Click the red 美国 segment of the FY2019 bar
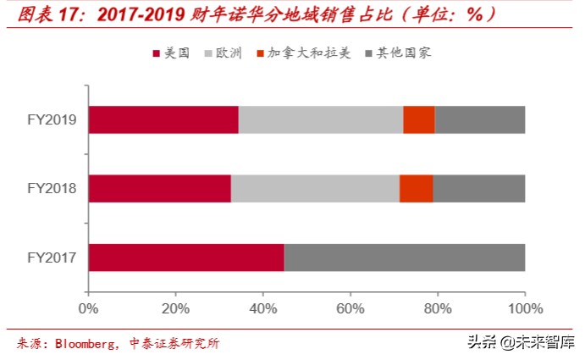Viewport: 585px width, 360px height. tap(163, 120)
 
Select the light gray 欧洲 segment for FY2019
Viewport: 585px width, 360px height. tap(321, 120)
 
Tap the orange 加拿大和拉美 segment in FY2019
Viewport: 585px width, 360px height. tap(419, 120)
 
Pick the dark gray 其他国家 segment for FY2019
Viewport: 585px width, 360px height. tap(480, 120)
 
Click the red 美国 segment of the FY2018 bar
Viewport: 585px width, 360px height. tap(159, 188)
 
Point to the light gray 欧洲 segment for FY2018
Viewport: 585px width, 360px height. tap(315, 188)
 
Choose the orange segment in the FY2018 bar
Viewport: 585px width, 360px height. tap(416, 188)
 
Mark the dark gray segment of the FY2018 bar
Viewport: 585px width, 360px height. tap(478, 188)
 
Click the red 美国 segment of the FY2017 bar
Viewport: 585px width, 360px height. tap(186, 257)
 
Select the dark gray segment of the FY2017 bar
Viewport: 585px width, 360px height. tap(405, 257)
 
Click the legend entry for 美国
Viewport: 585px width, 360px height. tap(174, 53)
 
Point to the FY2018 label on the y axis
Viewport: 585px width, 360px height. tap(52, 188)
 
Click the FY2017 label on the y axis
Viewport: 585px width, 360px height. tap(52, 257)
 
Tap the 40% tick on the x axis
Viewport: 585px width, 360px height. tap(263, 307)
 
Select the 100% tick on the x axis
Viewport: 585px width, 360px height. tap(524, 307)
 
